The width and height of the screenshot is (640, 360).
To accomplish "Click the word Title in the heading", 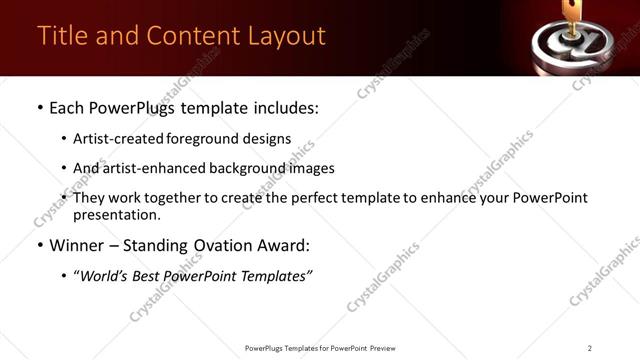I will [61, 36].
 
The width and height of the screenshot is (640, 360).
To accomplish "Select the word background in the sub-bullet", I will [231, 168].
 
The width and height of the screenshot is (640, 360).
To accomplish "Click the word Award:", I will [283, 246].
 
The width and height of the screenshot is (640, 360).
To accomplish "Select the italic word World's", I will [105, 276].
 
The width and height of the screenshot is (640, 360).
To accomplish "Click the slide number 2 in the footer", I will [590, 348].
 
